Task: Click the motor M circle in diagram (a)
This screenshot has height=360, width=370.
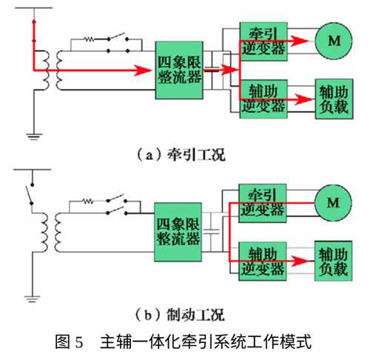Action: click(334, 41)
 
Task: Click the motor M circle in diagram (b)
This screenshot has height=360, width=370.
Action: click(333, 203)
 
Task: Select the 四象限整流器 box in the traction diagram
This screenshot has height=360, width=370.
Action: click(179, 70)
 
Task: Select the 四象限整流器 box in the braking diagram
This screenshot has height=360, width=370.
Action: click(178, 232)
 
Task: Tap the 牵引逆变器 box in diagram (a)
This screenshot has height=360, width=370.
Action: click(263, 41)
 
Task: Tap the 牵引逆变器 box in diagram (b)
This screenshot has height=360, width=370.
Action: click(263, 203)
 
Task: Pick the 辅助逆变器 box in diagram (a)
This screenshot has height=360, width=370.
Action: click(263, 99)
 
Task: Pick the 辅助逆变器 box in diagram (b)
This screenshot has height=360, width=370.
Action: click(263, 261)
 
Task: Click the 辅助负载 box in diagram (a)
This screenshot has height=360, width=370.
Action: click(334, 99)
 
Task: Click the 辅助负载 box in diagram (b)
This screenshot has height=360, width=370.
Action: click(333, 261)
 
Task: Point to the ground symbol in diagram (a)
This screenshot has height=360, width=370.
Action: click(34, 136)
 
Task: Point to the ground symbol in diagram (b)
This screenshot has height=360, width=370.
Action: click(32, 299)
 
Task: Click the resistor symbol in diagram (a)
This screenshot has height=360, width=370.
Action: click(89, 39)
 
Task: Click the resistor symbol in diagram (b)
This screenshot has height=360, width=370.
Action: click(88, 201)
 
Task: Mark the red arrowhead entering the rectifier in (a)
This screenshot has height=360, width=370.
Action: click(143, 70)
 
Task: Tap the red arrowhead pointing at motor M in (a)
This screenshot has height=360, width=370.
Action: click(300, 41)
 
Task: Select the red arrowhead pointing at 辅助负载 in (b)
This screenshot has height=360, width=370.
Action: click(299, 261)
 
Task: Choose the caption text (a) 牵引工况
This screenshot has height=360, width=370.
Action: click(181, 156)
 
